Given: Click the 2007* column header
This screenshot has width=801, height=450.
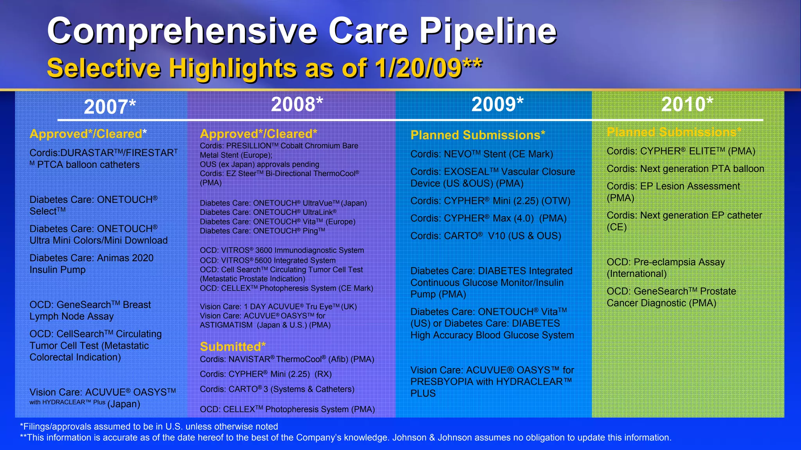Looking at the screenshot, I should click(110, 107).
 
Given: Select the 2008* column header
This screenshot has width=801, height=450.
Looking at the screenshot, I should click(297, 105).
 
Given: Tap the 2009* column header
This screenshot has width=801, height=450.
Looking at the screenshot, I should click(497, 105).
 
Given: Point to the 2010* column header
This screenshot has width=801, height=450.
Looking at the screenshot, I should click(687, 105).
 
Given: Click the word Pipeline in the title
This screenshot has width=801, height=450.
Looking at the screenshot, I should click(488, 31).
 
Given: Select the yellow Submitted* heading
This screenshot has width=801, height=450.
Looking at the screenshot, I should click(233, 347).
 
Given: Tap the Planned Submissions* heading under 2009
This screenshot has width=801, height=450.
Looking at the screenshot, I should click(478, 135).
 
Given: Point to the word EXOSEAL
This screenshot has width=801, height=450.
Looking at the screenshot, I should click(466, 172).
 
